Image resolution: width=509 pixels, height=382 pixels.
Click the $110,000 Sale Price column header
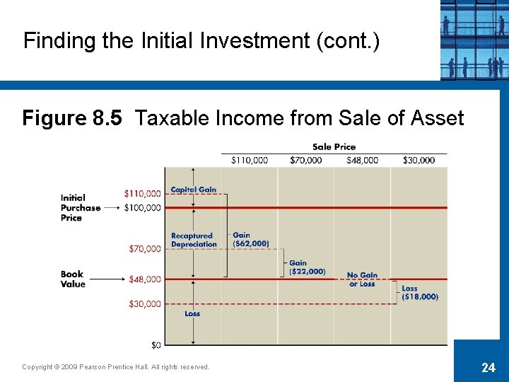coord(250,160)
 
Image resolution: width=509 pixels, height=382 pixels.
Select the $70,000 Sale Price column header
coord(305,160)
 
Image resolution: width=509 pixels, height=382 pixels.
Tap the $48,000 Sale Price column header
coord(362,160)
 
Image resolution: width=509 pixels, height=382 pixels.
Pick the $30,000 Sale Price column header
coord(419,160)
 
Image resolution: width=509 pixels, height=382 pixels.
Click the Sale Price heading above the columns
coord(334,147)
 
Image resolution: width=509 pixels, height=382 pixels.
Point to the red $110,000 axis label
coord(142,193)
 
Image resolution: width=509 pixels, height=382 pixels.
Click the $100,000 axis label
coord(142,207)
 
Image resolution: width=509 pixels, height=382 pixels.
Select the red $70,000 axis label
coord(144,248)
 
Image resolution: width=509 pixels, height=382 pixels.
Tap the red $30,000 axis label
coord(144,304)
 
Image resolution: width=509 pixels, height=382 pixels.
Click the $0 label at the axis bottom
coord(156,345)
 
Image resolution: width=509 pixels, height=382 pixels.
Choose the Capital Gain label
coord(193,190)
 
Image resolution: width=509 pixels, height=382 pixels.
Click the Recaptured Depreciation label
coord(194,240)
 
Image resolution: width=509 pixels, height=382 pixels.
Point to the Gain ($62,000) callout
coord(250,239)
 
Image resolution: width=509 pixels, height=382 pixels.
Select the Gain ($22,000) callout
coord(307,267)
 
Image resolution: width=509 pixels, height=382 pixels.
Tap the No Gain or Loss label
coord(362,279)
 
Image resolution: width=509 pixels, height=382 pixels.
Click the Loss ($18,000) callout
coord(419,292)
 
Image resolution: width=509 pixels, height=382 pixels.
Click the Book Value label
coord(73,279)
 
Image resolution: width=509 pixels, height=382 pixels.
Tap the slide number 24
coord(488,366)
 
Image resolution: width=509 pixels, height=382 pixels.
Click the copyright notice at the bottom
coord(116,366)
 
